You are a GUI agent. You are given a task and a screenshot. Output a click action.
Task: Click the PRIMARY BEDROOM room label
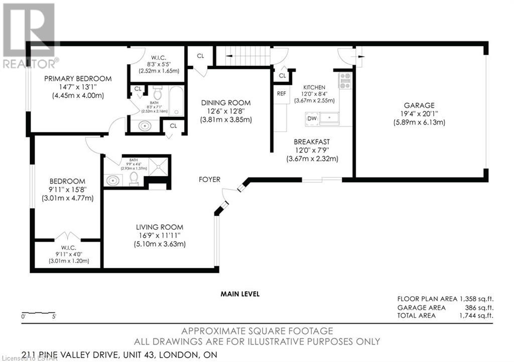pos(78,79)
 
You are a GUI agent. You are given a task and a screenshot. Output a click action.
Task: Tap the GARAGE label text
pos(419,105)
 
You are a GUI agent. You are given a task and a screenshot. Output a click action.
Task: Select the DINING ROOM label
pos(226,103)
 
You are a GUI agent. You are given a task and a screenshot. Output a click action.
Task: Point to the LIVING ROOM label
pos(160,227)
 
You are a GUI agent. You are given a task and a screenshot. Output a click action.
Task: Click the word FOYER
pos(209,179)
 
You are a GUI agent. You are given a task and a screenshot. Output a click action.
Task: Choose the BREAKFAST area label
pos(312,142)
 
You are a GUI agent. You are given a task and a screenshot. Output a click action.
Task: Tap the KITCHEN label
pos(314,87)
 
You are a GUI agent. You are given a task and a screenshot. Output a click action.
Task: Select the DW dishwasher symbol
pos(312,118)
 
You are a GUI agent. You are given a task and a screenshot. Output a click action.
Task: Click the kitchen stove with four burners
pos(345,81)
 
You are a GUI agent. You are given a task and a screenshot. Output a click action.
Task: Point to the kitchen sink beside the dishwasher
pos(329,118)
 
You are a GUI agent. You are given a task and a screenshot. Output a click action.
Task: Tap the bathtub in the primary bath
pos(176,101)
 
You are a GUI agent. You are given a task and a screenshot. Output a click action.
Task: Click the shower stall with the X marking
pos(159,166)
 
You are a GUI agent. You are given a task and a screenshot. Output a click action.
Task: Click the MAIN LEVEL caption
pos(240,294)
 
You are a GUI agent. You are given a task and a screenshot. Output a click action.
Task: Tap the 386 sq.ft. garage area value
pos(479,308)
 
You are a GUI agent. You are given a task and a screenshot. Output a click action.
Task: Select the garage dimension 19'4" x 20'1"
pos(419,114)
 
